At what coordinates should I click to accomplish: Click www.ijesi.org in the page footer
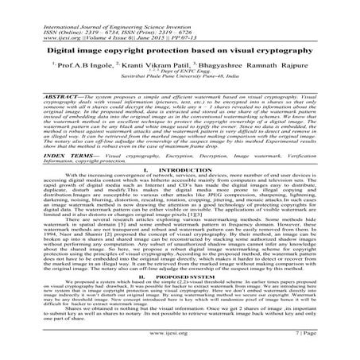[x=180, y=346]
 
